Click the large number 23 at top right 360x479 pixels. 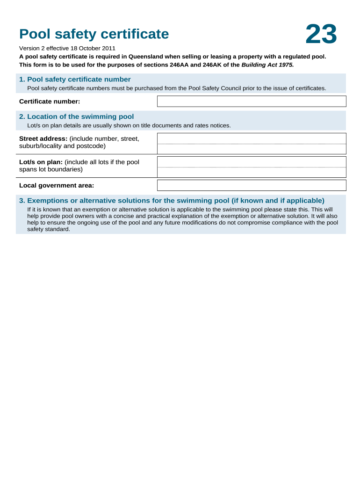(321, 35)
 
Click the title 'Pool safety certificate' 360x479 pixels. (94, 34)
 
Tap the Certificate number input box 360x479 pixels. (252, 102)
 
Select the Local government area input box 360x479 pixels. (252, 185)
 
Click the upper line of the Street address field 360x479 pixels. (252, 138)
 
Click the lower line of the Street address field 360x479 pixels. (252, 149)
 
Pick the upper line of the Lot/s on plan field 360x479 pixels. (252, 162)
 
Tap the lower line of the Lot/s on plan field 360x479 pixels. (252, 173)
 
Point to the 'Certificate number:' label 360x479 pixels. (50, 102)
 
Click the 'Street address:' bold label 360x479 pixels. (43, 138)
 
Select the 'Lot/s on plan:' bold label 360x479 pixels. (41, 162)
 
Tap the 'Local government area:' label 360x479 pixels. (57, 185)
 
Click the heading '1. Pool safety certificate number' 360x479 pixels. (75, 80)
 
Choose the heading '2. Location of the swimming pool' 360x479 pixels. (76, 116)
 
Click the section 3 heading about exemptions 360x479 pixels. (172, 201)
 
